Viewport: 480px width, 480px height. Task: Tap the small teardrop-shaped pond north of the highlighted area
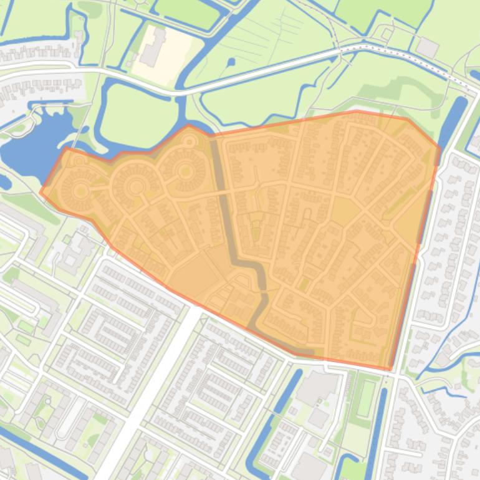click(231, 62)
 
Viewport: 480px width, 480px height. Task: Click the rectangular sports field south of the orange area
click(367, 399)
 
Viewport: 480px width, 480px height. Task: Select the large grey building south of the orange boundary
click(318, 386)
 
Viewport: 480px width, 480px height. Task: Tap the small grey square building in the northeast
click(427, 47)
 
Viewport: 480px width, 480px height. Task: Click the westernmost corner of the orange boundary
click(41, 192)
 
